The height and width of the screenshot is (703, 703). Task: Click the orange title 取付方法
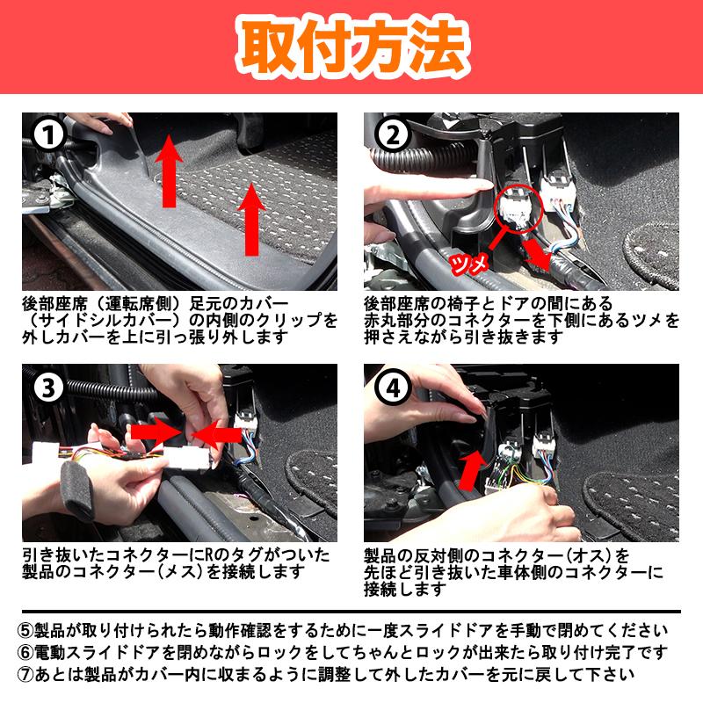pyautogui.click(x=352, y=47)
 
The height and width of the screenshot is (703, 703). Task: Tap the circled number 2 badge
pyautogui.click(x=393, y=135)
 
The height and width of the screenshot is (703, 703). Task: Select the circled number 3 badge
pyautogui.click(x=48, y=388)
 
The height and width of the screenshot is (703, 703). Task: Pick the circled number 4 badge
pyautogui.click(x=393, y=388)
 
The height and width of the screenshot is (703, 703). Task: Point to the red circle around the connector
pyautogui.click(x=518, y=207)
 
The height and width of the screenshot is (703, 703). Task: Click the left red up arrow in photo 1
pyautogui.click(x=169, y=170)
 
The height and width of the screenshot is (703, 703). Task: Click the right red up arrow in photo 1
pyautogui.click(x=252, y=220)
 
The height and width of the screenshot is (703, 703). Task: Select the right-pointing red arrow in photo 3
pyautogui.click(x=156, y=432)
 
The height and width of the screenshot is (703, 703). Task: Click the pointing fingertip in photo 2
pyautogui.click(x=484, y=185)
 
